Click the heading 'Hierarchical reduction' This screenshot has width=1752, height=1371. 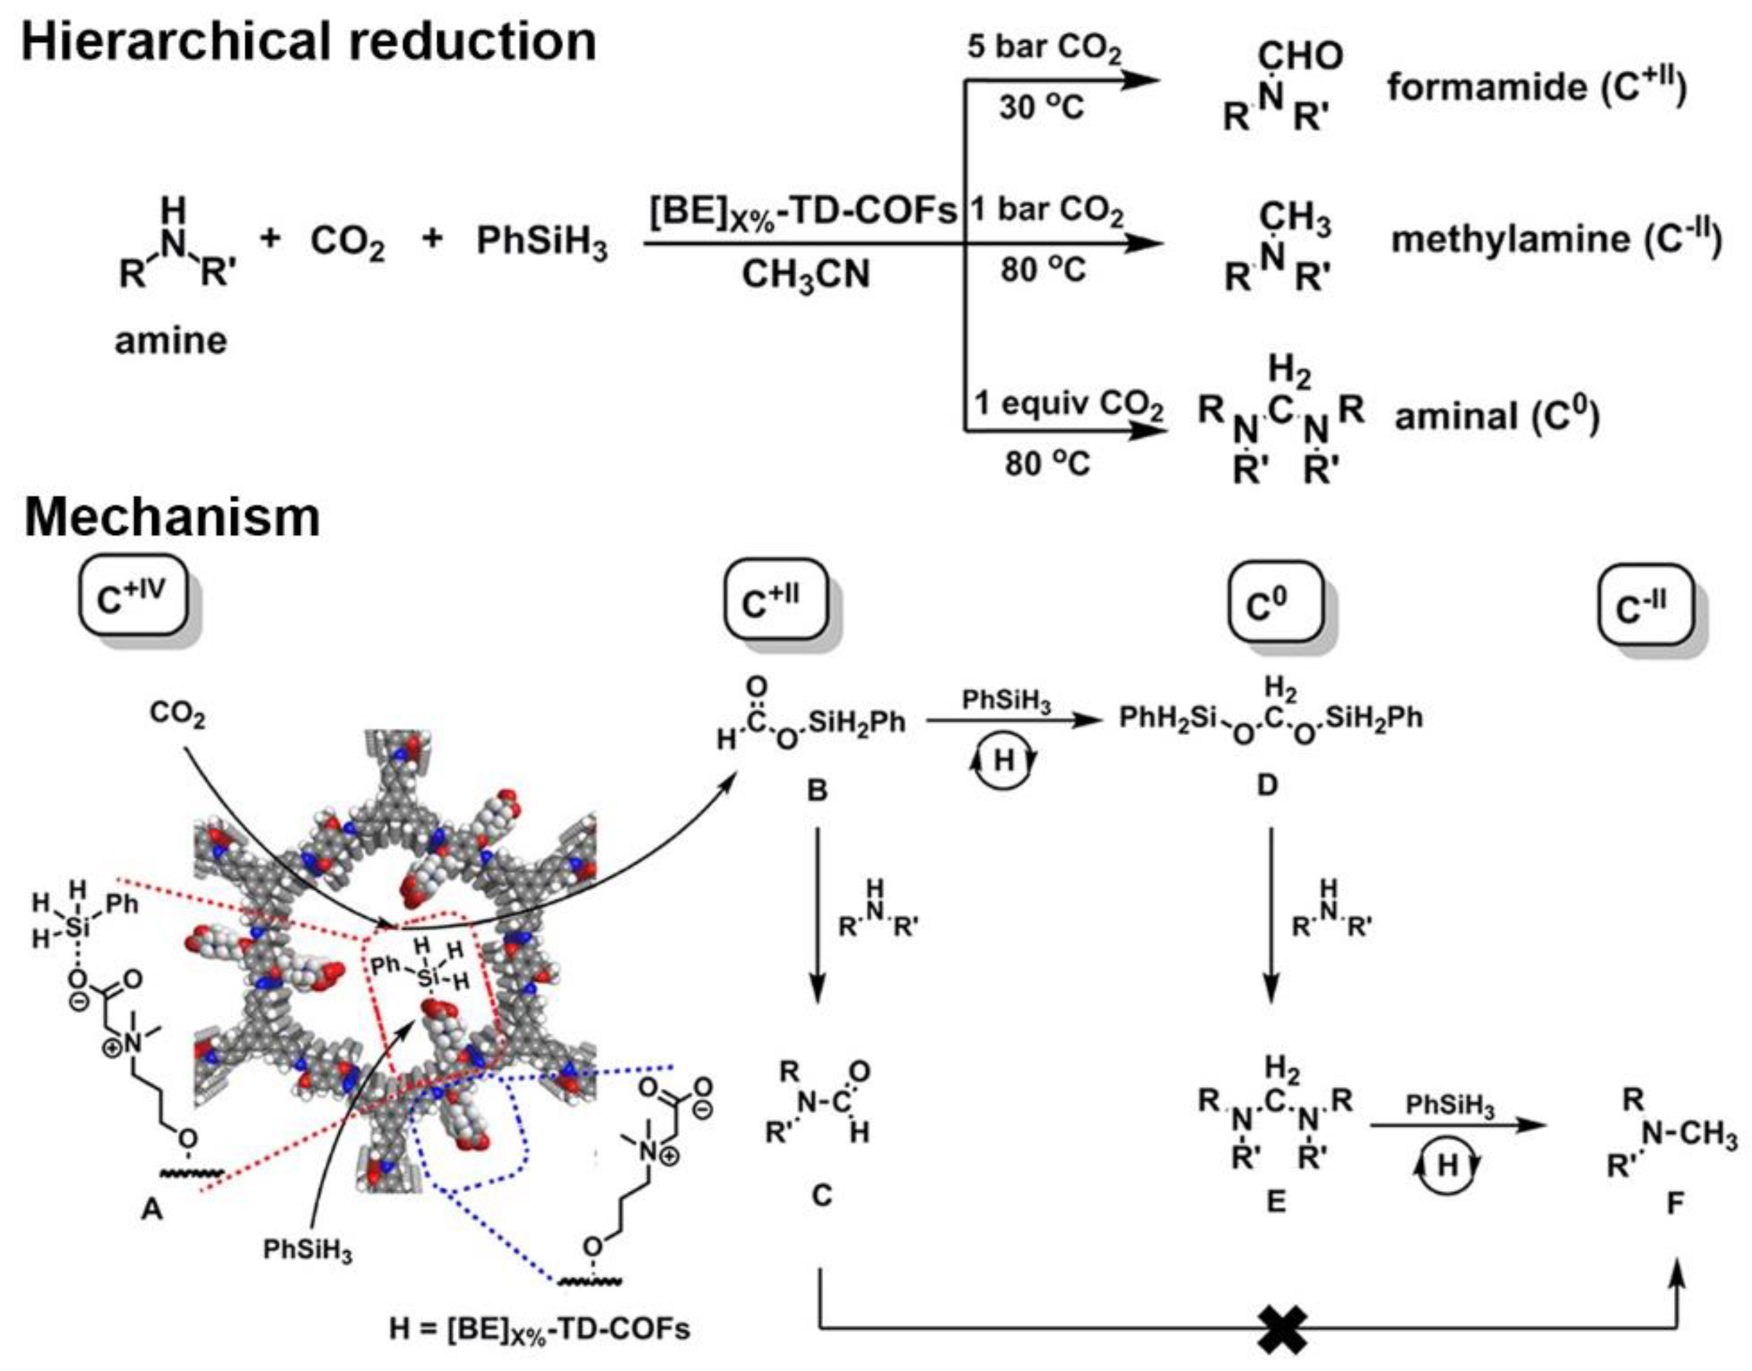coord(309,42)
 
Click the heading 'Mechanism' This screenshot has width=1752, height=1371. coord(173,518)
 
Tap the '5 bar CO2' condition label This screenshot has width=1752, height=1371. coord(1044,48)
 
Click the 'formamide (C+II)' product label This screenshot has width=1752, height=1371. coord(1537,87)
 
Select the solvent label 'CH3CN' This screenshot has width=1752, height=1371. coord(805,275)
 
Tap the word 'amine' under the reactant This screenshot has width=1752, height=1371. coord(171,341)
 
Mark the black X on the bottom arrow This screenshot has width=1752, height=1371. coord(1282,1329)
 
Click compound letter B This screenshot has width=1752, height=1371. coord(817,791)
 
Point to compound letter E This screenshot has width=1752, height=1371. coord(1276,1201)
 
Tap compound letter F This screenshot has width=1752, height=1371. coord(1674,1203)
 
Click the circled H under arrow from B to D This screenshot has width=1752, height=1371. coord(1004,761)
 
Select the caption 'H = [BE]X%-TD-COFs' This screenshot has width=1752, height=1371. coord(539,1329)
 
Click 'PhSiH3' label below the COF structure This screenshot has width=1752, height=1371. coord(308,1251)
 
